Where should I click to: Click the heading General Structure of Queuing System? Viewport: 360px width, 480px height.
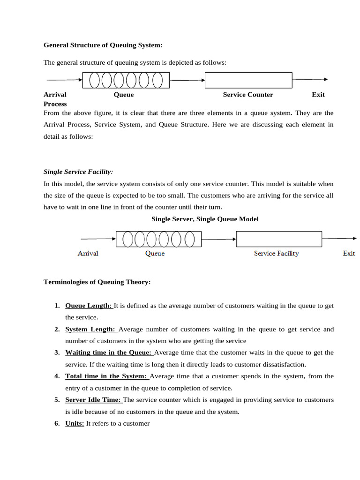coord(103,45)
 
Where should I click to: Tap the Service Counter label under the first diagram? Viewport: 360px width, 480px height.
coord(247,95)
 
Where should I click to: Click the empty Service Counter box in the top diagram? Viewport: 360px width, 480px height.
coord(248,80)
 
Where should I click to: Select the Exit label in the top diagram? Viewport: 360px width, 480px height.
coord(318,95)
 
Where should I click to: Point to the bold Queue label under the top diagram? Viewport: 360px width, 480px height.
coord(124,95)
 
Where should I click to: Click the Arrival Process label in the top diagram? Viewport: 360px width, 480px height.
coord(55,99)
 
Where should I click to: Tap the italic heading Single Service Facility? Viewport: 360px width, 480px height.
coord(78,172)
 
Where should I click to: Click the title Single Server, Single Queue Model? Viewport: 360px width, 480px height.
coord(205,219)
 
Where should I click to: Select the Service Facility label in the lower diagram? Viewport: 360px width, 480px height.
coord(276,253)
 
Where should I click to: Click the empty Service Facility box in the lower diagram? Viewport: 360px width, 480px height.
coord(279,239)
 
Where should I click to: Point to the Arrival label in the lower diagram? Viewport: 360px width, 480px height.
coord(88,253)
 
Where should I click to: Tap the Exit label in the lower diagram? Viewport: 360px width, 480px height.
coord(349,253)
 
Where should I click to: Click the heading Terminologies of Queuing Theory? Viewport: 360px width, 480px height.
coord(97,282)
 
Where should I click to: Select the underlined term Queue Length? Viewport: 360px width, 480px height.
coord(89,306)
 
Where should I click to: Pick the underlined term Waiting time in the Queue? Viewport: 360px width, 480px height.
coord(108,352)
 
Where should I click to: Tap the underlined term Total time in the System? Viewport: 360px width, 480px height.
coord(106,376)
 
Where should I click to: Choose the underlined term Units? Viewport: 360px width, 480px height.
coord(75,423)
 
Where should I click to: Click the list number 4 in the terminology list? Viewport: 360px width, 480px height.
coord(57,376)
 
